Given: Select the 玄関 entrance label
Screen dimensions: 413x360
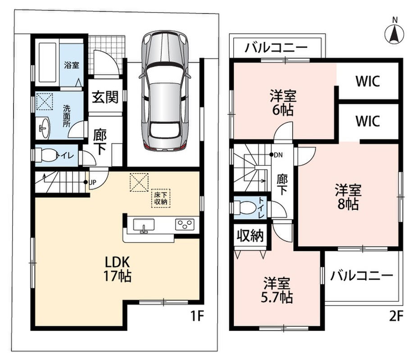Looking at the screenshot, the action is (105, 97).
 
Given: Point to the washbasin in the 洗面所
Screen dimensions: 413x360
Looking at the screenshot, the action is (44, 128).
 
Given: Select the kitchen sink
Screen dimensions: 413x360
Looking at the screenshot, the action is (144, 225).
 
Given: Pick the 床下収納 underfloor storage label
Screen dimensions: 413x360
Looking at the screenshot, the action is (161, 198).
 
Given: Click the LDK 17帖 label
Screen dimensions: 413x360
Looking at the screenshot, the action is (117, 269).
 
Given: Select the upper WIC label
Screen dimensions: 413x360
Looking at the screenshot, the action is (368, 81).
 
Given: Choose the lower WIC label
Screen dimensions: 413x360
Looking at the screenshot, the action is (368, 121).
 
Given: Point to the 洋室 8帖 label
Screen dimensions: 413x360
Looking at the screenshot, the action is (348, 197).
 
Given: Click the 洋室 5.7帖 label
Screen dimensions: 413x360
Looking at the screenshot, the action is (277, 290).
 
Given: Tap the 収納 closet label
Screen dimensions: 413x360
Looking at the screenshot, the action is (250, 235).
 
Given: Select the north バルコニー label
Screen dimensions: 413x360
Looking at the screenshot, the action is (276, 48).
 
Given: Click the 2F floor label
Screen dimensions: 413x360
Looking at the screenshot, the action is (396, 316).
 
